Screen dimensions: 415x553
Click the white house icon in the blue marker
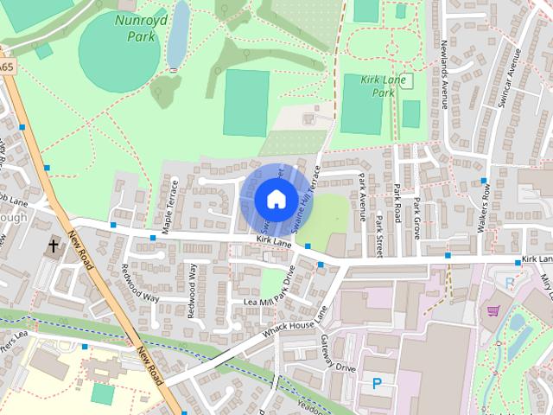[x=276, y=199]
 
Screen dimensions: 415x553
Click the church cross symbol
[x=53, y=246]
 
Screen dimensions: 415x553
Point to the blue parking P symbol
[x=377, y=383]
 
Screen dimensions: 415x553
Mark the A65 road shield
[x=7, y=66]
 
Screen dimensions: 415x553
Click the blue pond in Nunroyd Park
[x=178, y=35]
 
